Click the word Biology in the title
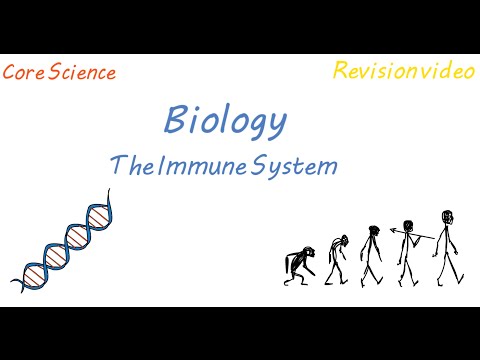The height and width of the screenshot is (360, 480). click(x=225, y=122)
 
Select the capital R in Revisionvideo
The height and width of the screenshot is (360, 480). click(x=339, y=70)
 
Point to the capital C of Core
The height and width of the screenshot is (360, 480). click(x=9, y=73)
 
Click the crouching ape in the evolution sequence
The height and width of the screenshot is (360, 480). click(x=298, y=267)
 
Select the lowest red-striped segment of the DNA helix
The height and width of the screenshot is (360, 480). click(x=32, y=265)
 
